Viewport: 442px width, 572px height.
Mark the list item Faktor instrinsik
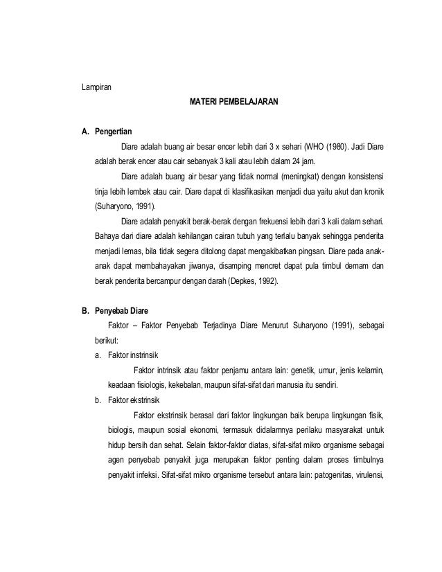(127, 355)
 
